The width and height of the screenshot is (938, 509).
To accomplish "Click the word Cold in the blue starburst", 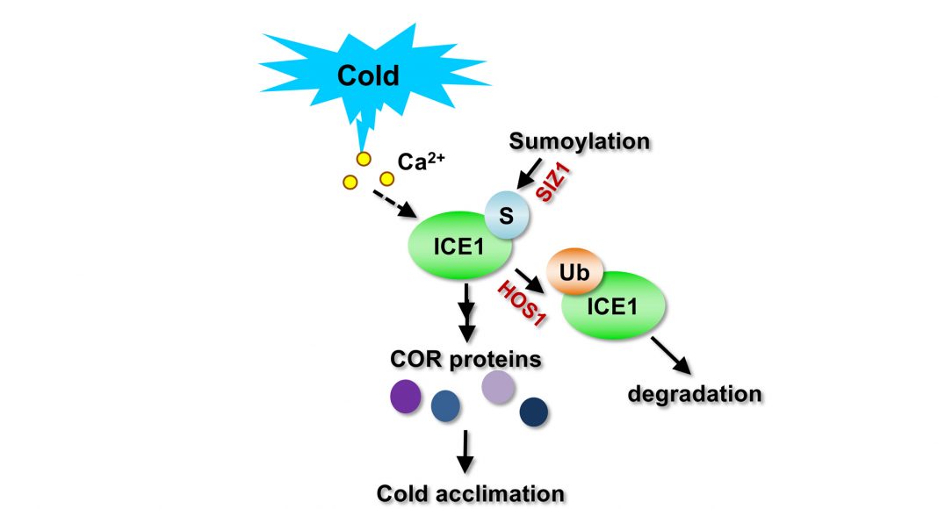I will [x=369, y=75].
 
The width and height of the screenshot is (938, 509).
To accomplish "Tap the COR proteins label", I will [x=465, y=360].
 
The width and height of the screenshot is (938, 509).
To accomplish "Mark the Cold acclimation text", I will [x=469, y=493].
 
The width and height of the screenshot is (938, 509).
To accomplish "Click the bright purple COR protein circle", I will [x=405, y=395].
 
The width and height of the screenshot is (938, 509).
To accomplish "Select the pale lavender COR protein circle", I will [x=498, y=385].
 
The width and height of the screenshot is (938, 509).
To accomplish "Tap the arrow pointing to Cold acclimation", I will [x=466, y=451].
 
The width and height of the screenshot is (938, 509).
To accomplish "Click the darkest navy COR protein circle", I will [x=534, y=411].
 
